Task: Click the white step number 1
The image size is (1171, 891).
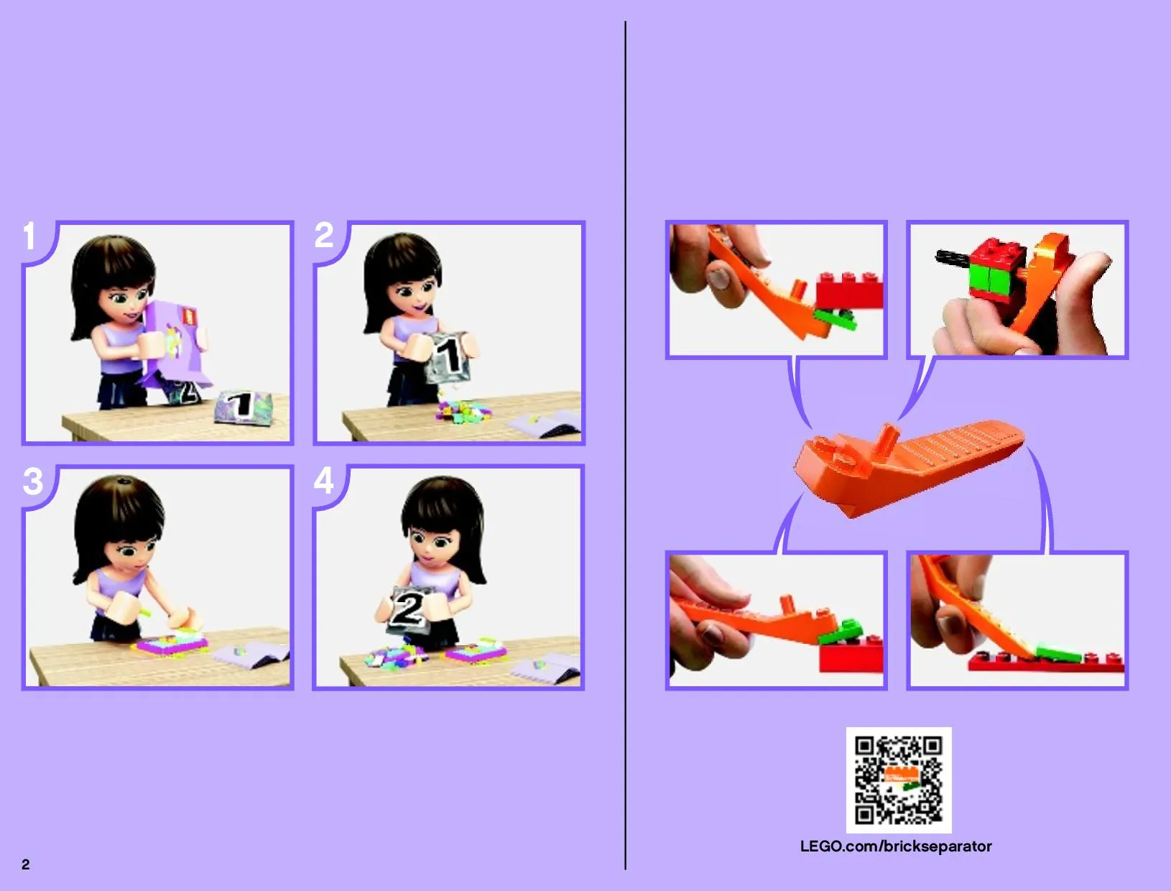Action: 29,236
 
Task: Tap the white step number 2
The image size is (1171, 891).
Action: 324,235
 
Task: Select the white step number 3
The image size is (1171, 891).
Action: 32,481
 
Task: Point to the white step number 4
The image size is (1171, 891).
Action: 324,480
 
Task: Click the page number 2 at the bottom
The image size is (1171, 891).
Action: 26,864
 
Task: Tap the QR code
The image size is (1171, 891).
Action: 899,780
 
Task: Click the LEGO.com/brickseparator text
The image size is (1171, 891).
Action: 896,846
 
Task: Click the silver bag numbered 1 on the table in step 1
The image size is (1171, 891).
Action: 244,407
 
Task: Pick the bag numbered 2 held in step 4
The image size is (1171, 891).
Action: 410,610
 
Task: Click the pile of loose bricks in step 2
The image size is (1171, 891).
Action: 461,412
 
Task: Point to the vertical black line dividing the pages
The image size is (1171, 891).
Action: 625,445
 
